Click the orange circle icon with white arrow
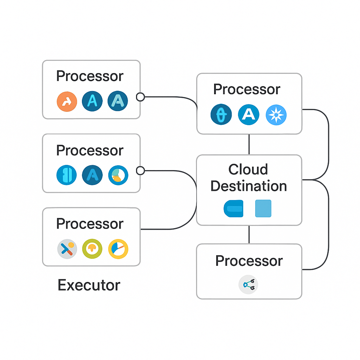point(67,102)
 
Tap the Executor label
point(89,285)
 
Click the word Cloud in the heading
point(248,169)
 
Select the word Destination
point(249,186)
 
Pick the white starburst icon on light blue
point(276,115)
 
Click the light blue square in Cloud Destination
point(263,208)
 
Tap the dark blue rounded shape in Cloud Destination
point(233,208)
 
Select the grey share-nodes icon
point(249,284)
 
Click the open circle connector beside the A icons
point(140,97)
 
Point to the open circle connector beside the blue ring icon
point(140,171)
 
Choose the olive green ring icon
point(92,249)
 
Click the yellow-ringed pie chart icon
point(118,249)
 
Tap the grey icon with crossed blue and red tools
point(67,249)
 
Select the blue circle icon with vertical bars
point(66,175)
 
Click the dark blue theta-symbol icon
point(221,114)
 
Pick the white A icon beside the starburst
point(249,115)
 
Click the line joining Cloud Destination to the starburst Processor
point(249,144)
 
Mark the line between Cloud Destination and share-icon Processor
point(249,234)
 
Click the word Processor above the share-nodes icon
point(249,261)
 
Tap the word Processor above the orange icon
point(90,76)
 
